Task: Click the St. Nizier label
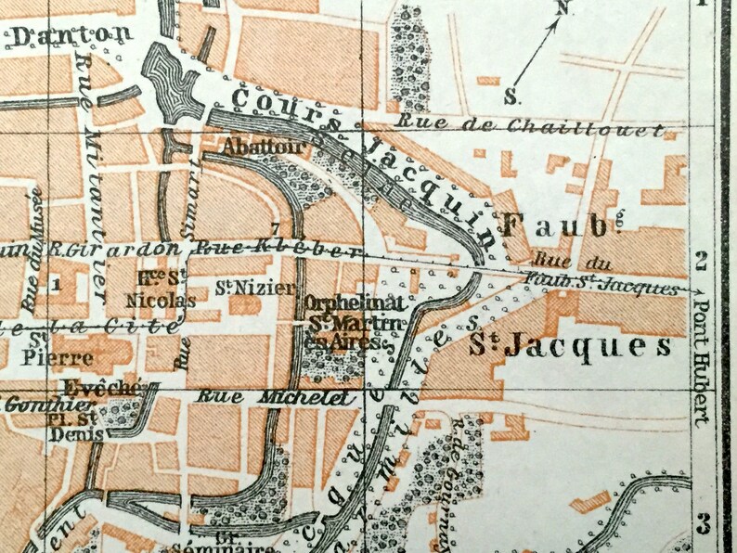[x=242, y=287]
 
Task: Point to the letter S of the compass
[x=511, y=96]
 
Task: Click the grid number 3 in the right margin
[x=704, y=522]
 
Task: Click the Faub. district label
[x=553, y=222]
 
